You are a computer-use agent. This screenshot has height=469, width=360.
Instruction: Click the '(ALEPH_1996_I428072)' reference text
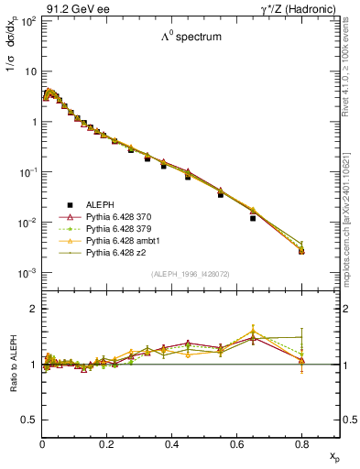tap(191, 274)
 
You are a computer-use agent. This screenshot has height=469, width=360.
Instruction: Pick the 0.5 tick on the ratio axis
tap(31, 420)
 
